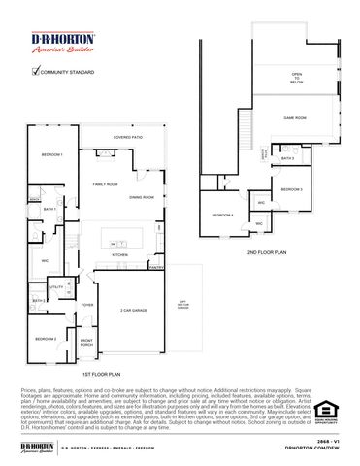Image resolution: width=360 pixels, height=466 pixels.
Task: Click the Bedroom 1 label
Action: coord(51,155)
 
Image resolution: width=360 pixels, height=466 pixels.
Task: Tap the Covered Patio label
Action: coord(128,138)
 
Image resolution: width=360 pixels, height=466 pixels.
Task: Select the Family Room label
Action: coord(105,183)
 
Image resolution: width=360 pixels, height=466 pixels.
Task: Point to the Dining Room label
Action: coord(142,197)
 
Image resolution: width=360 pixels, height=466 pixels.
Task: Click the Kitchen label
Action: coord(119,254)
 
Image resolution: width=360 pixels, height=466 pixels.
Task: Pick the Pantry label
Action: coord(155,267)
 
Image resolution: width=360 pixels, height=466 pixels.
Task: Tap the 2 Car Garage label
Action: coord(133,310)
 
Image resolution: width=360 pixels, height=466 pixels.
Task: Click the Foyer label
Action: coord(87,305)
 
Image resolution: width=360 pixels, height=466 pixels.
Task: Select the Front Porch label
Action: coord(86,342)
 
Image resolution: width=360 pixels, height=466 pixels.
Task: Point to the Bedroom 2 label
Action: coord(46,338)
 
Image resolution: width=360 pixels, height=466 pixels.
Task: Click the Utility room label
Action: coord(56,287)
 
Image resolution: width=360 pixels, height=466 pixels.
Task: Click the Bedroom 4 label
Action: coord(223,215)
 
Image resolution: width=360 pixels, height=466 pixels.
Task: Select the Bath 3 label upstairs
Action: coord(287,157)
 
